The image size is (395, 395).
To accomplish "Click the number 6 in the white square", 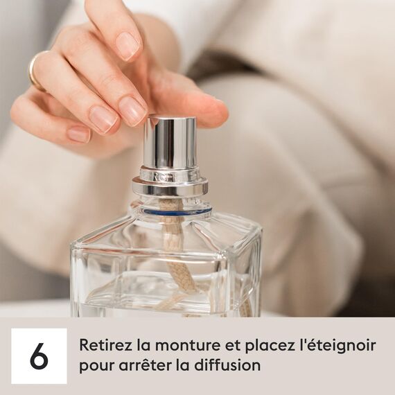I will click(x=39, y=355).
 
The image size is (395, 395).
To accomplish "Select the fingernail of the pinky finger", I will click(x=78, y=134).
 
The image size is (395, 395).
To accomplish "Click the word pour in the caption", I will click(x=92, y=365).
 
